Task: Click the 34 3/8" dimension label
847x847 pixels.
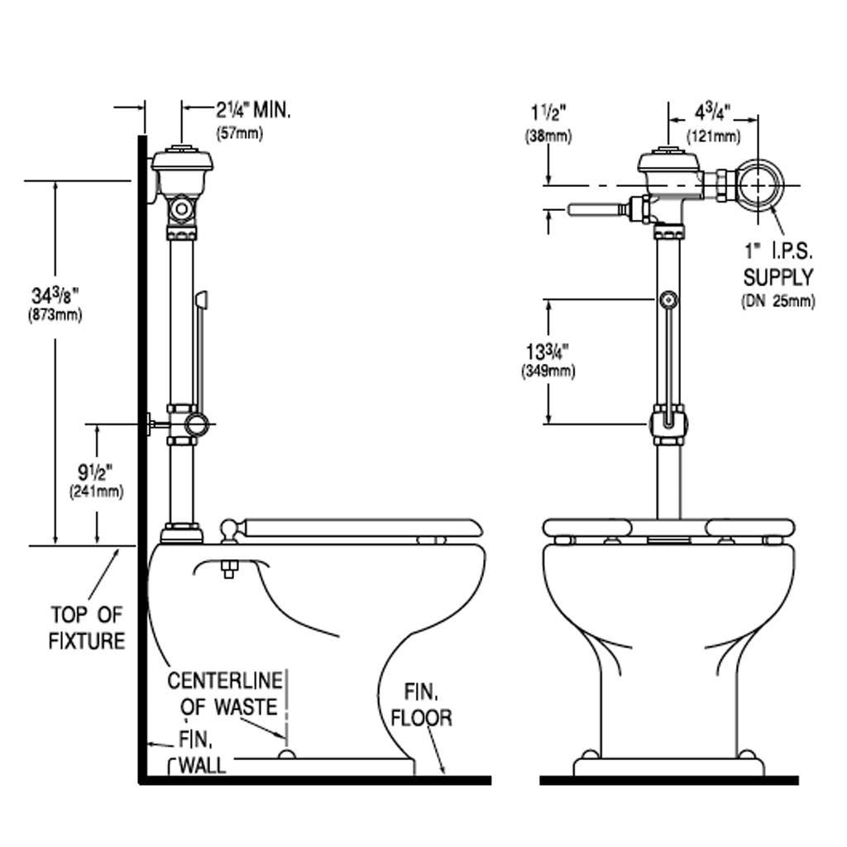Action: pos(55,295)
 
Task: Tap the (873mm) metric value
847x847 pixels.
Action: pos(55,314)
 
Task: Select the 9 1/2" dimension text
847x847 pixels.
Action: pos(96,473)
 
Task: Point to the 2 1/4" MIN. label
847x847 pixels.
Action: pos(253,110)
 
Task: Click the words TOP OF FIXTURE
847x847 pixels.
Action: pos(87,627)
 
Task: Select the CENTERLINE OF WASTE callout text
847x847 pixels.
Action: pos(224,694)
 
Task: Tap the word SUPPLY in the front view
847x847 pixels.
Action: pos(778,277)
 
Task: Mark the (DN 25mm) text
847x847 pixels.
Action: pos(778,302)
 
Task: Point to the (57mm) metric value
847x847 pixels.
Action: pos(239,133)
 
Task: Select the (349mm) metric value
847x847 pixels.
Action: pos(548,371)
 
